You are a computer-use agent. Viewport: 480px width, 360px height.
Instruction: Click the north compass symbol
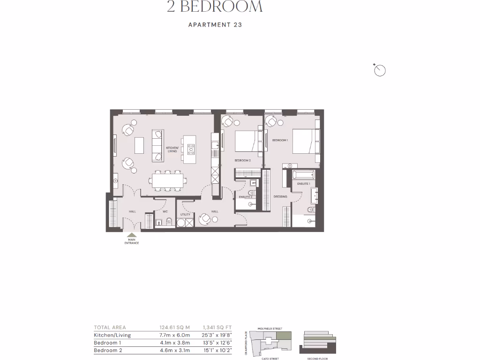coord(380,71)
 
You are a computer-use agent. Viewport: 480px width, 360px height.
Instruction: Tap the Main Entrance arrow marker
coord(132,236)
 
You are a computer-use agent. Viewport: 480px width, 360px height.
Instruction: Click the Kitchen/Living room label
coord(172,150)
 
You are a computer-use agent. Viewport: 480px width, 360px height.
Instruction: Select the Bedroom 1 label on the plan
coord(280,140)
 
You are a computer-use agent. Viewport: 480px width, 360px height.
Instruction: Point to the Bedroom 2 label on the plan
coord(243,160)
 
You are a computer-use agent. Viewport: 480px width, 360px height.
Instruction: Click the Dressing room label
coord(280,196)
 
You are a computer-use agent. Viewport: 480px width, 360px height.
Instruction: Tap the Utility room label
coord(185,214)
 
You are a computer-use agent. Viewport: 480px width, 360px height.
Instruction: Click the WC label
coord(165,211)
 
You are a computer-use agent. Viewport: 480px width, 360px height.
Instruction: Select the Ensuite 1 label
coord(303,184)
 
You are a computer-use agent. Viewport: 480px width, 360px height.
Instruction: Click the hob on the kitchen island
coord(191,149)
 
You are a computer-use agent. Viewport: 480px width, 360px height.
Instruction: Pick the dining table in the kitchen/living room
coord(166,180)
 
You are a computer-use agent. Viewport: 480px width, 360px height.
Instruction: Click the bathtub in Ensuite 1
coord(305,175)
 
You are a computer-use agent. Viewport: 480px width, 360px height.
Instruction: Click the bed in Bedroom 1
coord(305,141)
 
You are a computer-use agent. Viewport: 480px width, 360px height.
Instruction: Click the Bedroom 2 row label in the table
coord(108,350)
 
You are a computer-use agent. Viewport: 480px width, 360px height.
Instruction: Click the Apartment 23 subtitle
coord(215,25)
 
